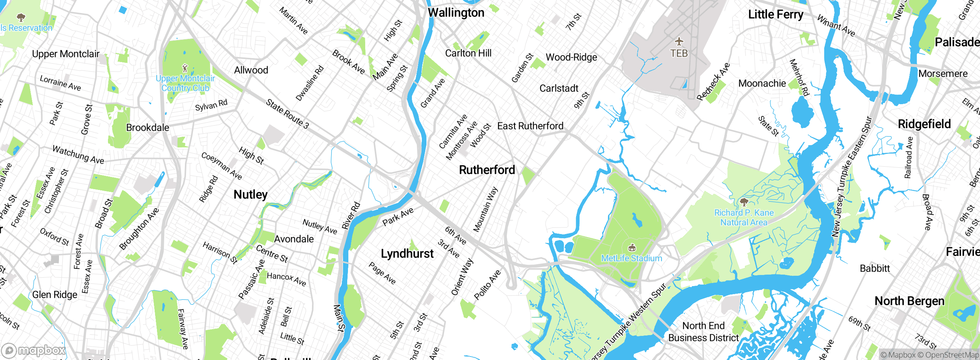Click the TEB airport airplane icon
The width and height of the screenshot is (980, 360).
[679, 41]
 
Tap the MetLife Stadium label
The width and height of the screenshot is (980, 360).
[631, 258]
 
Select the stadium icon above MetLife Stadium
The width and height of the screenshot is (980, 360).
[632, 248]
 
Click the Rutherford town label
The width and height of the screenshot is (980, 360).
[487, 170]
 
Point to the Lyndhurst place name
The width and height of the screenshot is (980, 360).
[407, 254]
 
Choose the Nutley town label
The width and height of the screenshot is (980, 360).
[250, 195]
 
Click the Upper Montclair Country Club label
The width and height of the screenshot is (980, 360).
[185, 83]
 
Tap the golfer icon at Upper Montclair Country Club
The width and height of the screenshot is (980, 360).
[185, 68]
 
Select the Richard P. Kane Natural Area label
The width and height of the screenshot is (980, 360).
[744, 218]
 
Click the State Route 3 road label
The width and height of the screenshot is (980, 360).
[287, 114]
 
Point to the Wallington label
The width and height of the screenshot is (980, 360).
[456, 13]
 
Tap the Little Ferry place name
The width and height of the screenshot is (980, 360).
[776, 15]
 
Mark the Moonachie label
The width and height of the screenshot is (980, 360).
[762, 83]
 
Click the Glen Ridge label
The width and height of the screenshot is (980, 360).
[55, 295]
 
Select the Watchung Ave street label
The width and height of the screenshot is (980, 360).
[78, 154]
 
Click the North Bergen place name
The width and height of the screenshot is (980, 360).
[909, 301]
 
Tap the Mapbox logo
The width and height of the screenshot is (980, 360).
[34, 350]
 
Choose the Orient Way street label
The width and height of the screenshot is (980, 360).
[462, 277]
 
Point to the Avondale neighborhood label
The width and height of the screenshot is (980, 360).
[294, 239]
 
